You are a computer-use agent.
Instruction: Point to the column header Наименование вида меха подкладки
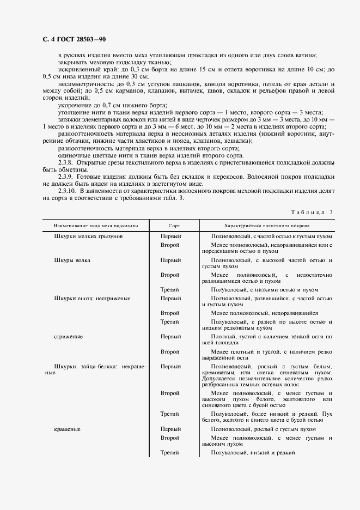(x=95, y=225)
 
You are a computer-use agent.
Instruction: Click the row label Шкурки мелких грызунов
(x=88, y=236)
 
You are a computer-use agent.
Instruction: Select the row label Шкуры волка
(x=72, y=260)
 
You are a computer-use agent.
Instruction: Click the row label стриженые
(x=68, y=337)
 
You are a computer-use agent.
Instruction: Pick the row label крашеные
(x=68, y=429)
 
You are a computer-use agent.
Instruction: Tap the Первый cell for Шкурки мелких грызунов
(x=170, y=236)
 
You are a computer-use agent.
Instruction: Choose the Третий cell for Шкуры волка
(x=169, y=290)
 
